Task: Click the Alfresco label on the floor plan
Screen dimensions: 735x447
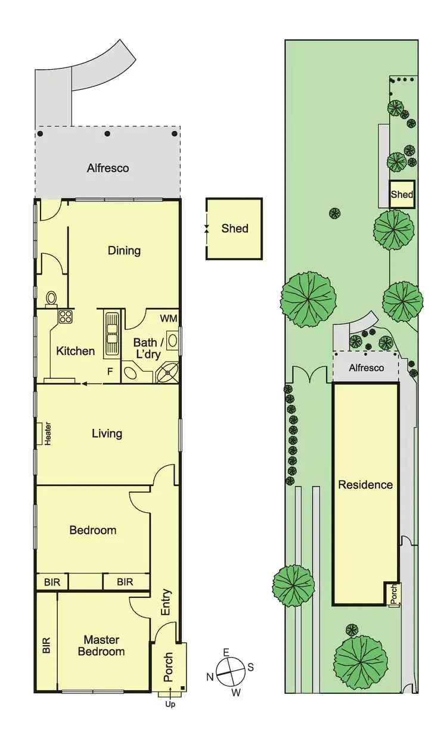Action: coord(108,168)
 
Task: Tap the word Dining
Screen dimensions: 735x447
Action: coord(124,250)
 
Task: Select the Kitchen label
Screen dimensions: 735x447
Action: coord(76,351)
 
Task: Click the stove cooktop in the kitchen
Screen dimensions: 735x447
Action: coord(65,316)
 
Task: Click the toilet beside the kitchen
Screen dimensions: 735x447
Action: coord(51,298)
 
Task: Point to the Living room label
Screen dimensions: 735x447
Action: coord(107,433)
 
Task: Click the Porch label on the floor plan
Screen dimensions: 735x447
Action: coord(168,667)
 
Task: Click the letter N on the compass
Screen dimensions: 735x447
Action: coord(210,677)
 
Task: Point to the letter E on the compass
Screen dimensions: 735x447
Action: coord(226,652)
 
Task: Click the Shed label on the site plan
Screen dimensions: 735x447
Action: coord(402,194)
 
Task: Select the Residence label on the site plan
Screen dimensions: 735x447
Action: coord(365,484)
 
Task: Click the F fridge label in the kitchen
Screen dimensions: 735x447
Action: coord(109,371)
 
